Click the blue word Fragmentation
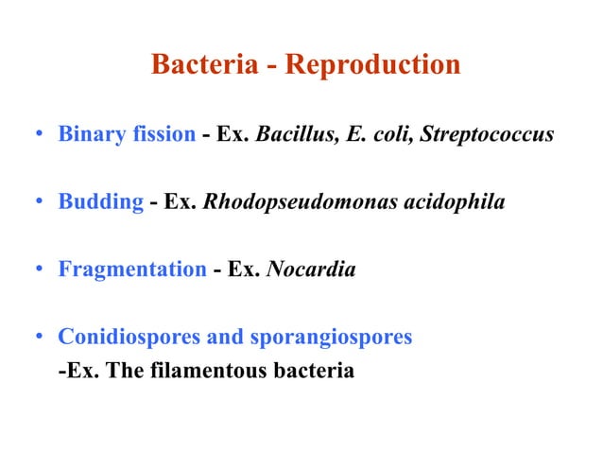pyautogui.click(x=132, y=269)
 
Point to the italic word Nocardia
pyautogui.click(x=311, y=269)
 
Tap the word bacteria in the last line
pyautogui.click(x=312, y=371)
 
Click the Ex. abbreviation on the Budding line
pyautogui.click(x=180, y=201)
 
